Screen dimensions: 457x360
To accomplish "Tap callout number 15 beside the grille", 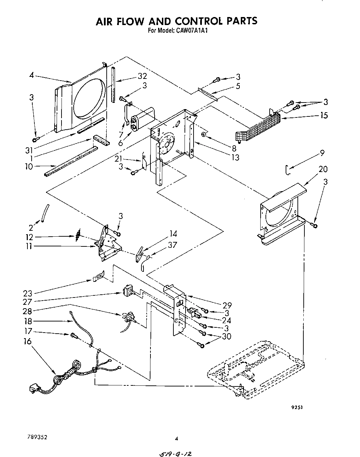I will coord(324,115).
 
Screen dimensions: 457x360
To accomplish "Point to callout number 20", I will coord(323,169).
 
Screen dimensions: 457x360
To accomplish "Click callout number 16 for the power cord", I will coord(27,341).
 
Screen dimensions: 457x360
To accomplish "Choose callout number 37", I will coord(172,245).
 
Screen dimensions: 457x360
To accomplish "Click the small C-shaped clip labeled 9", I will coord(287,169).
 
